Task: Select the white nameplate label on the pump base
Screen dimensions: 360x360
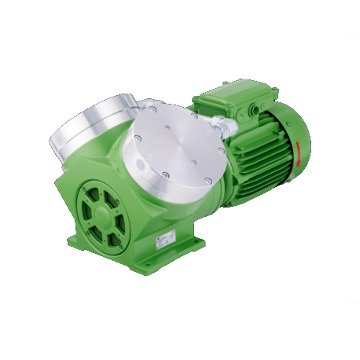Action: click(168, 239)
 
